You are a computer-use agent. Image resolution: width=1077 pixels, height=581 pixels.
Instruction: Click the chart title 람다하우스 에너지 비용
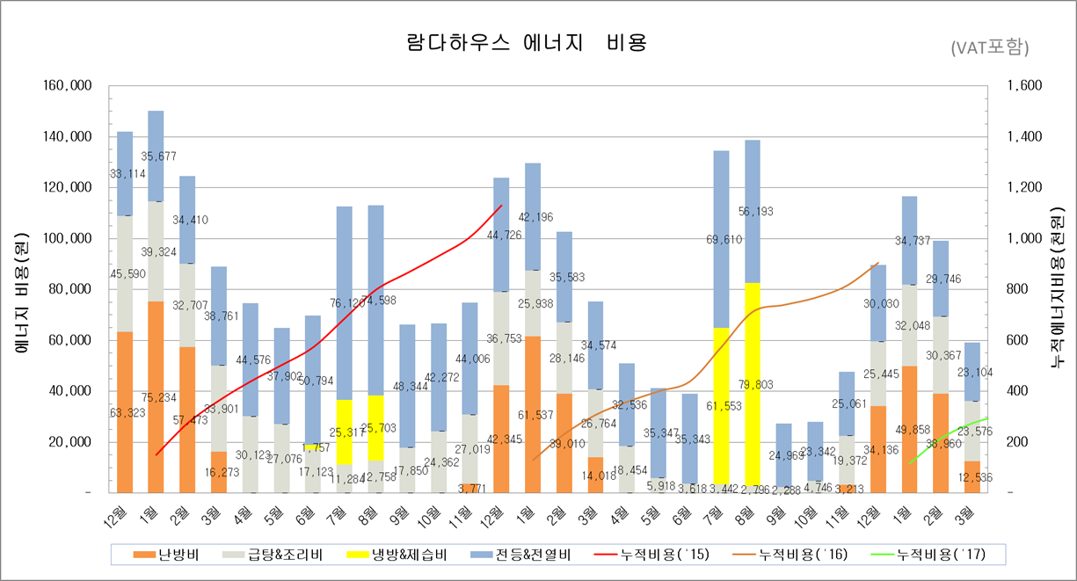point(526,42)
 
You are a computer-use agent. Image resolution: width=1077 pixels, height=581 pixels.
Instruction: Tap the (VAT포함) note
point(989,47)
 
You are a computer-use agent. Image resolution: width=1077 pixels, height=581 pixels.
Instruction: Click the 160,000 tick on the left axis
point(67,86)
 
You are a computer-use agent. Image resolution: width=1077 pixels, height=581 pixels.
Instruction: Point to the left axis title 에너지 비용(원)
point(23,290)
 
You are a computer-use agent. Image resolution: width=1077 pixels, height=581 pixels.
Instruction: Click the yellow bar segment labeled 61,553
point(721,404)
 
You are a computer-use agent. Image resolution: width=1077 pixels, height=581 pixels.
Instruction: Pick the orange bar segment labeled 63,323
point(125,413)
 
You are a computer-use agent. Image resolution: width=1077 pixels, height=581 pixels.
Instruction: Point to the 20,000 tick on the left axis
point(70,442)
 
